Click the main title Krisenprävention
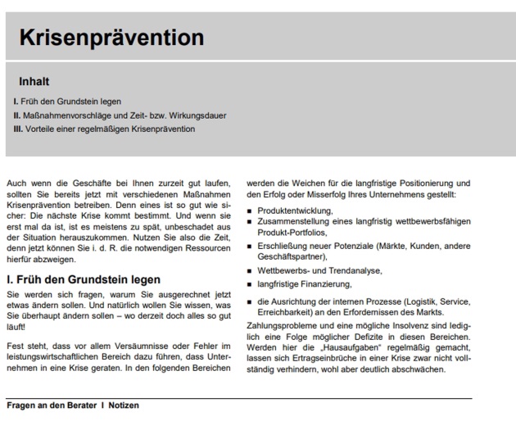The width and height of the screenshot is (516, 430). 111,38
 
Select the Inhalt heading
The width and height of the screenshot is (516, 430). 34,82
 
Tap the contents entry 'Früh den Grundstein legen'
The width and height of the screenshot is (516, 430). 71,102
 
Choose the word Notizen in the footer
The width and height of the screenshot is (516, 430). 123,405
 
